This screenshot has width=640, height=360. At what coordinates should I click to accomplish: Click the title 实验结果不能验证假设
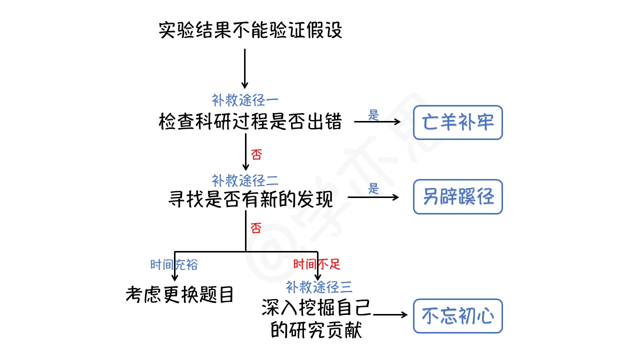(x=250, y=30)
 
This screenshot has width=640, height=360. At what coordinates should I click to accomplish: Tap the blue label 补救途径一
(x=245, y=100)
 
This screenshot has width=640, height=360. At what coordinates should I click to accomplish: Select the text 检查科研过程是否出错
(x=250, y=121)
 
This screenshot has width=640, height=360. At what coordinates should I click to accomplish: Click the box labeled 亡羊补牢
(x=457, y=122)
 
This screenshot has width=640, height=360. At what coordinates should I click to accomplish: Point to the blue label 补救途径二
(x=245, y=180)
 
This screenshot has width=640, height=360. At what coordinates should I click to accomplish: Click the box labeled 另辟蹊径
(x=457, y=197)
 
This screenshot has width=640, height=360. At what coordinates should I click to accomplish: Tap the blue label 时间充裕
(x=174, y=264)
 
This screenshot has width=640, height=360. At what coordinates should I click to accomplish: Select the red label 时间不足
(x=316, y=264)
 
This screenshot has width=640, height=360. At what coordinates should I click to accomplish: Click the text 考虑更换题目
(x=180, y=295)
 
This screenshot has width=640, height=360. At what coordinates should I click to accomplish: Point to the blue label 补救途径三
(x=319, y=287)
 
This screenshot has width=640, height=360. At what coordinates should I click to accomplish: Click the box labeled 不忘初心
(x=457, y=316)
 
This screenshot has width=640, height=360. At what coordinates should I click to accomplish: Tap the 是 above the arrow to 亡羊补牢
(x=373, y=115)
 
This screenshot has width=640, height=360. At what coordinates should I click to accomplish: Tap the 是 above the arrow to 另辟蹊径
(x=373, y=189)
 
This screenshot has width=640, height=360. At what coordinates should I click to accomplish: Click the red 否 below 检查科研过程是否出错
(x=256, y=154)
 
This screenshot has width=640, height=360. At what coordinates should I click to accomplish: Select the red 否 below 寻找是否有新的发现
(x=256, y=229)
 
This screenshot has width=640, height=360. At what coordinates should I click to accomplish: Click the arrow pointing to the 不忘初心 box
(x=390, y=315)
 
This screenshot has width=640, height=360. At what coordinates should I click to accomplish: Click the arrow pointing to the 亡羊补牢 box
(x=377, y=122)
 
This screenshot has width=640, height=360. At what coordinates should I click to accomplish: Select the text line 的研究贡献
(x=316, y=330)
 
